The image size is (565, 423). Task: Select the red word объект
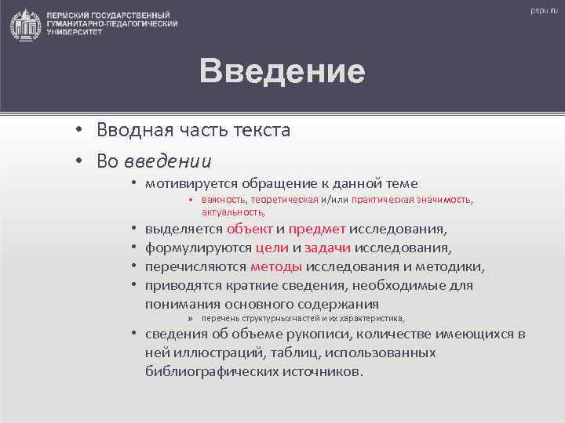tap(250, 230)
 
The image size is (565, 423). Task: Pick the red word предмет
tap(317, 230)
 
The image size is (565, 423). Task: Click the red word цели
tap(272, 248)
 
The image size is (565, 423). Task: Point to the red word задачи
tap(327, 248)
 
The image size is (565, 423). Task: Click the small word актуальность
tap(233, 211)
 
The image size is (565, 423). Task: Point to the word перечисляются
tap(196, 267)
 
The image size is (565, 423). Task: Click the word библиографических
tap(208, 371)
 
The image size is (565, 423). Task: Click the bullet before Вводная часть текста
tap(81, 130)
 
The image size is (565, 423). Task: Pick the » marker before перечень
tap(190, 319)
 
